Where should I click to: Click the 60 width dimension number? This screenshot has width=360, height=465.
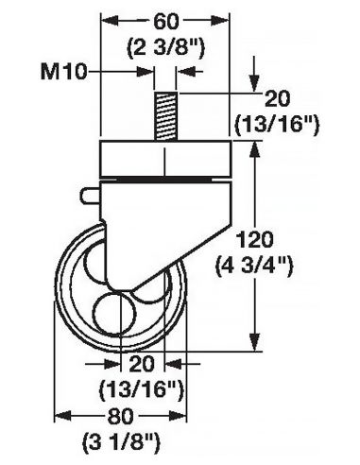163,20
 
